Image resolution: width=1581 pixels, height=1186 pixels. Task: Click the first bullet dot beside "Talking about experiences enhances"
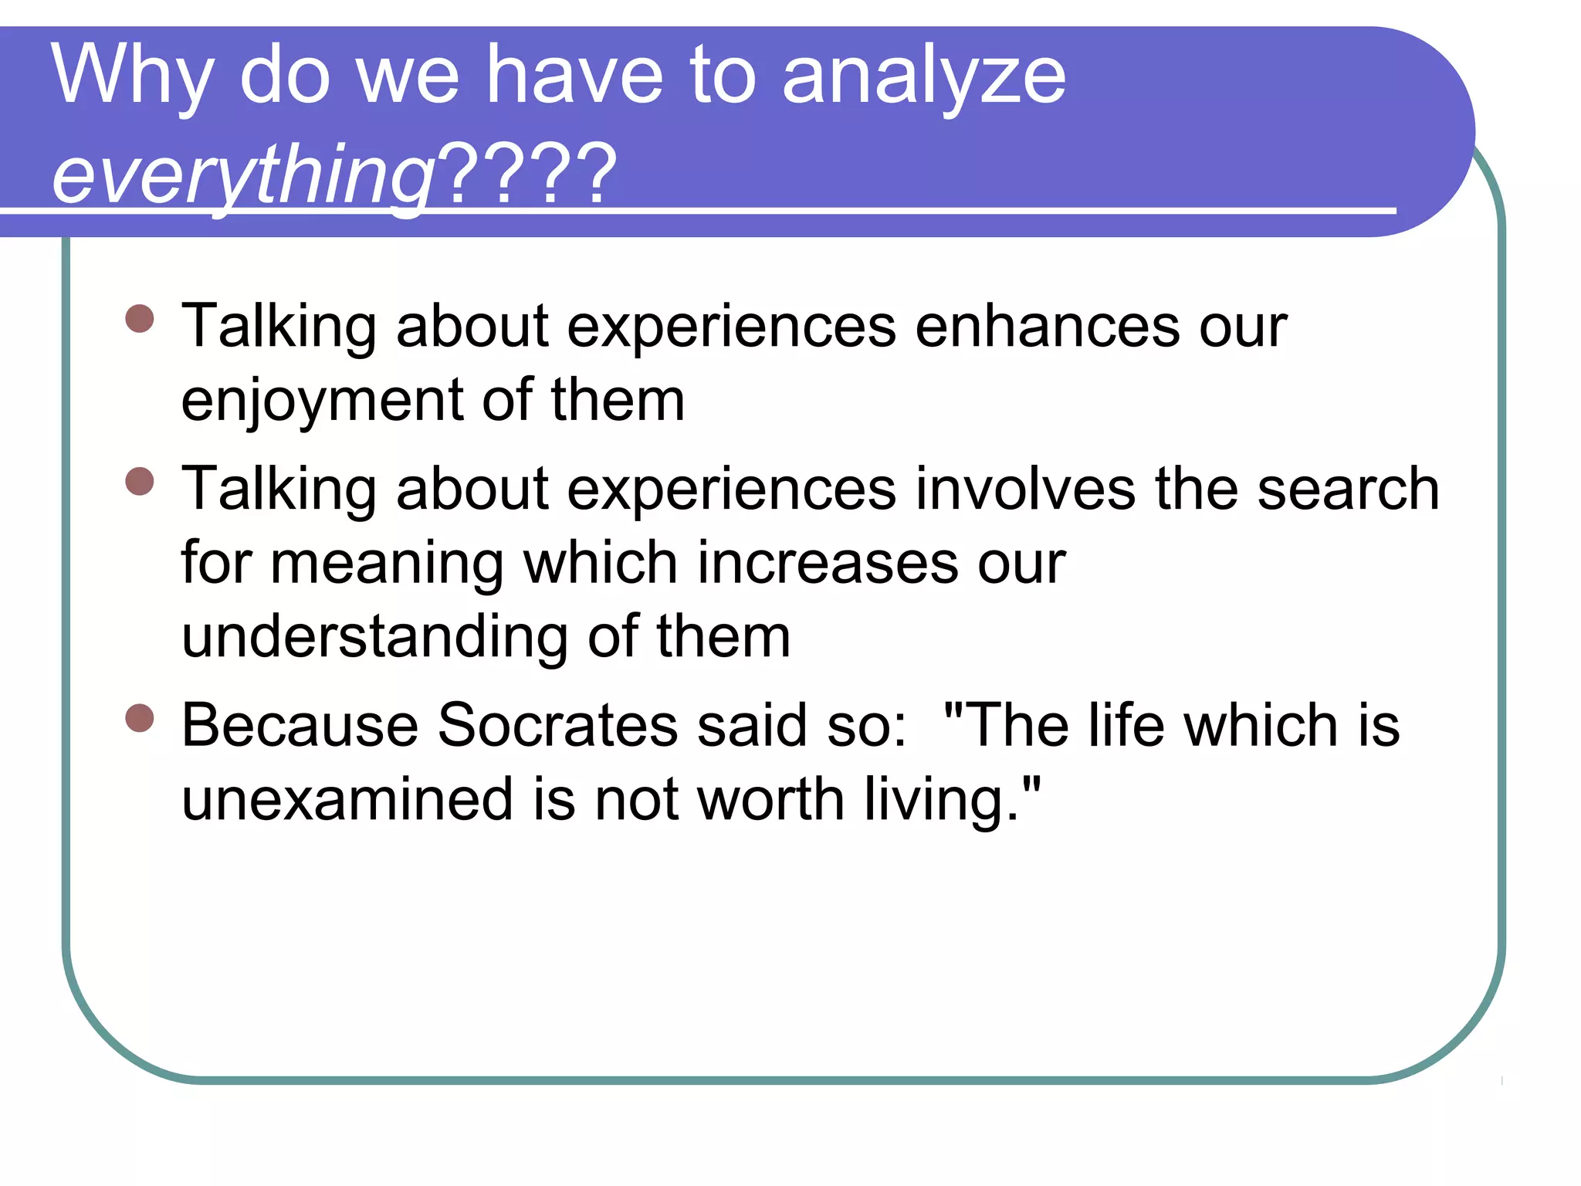(140, 318)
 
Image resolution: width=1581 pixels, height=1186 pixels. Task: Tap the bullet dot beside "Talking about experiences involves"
(140, 482)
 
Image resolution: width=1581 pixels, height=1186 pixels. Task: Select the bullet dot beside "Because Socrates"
(140, 718)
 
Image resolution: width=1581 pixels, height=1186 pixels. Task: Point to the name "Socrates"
(557, 726)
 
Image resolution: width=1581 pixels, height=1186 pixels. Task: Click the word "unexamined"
(347, 800)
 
